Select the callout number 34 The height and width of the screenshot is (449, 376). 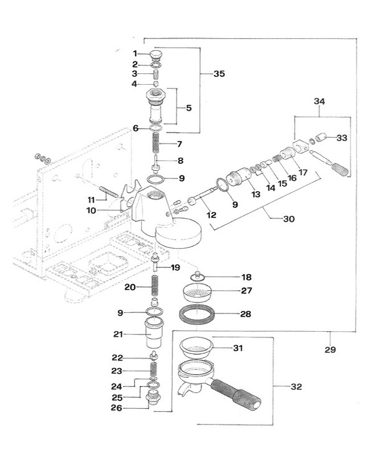click(x=319, y=101)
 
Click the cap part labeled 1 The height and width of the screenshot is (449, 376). click(x=156, y=55)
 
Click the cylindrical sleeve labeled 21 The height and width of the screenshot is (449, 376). click(x=155, y=333)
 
